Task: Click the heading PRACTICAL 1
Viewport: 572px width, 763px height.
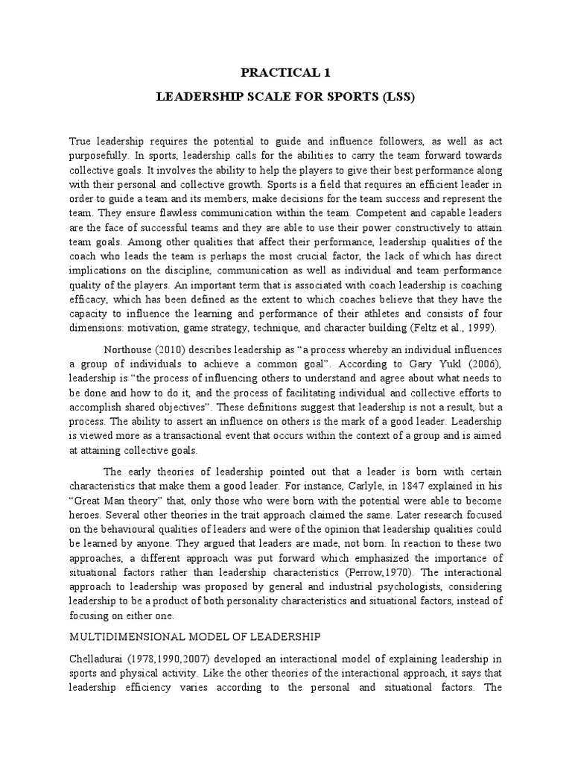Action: (x=286, y=72)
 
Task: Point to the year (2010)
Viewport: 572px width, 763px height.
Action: (x=170, y=349)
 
